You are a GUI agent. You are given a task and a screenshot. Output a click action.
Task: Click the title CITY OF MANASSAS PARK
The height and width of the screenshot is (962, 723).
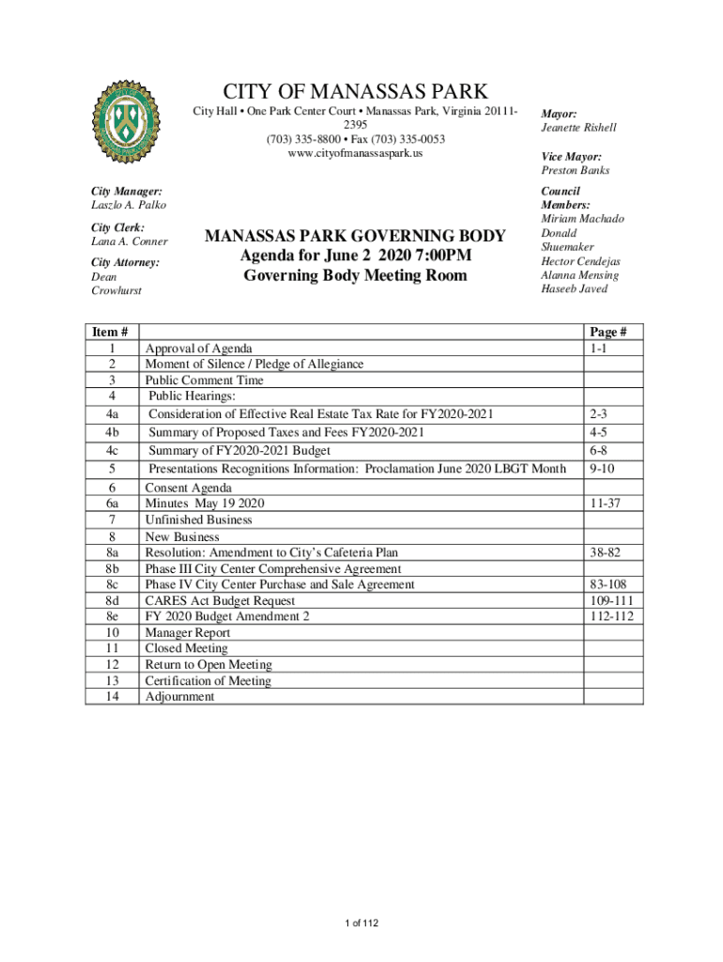[355, 92]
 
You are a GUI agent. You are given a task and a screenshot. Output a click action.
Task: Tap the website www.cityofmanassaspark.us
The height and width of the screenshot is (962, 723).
[355, 152]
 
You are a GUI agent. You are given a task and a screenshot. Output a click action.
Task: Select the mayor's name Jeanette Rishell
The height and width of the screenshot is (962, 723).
[578, 128]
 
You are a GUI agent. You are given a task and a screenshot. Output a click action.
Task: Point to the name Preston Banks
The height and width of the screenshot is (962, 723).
[575, 171]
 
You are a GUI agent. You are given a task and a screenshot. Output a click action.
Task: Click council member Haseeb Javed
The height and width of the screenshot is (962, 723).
[574, 289]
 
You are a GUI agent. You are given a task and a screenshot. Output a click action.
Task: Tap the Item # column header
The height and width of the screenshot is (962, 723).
[112, 332]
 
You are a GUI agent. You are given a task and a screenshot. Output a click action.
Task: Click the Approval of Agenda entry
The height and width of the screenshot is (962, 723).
[198, 349]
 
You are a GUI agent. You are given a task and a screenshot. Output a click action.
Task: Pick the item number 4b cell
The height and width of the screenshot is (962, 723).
[112, 432]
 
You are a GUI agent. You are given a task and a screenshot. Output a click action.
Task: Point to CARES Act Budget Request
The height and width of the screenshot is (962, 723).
[220, 600]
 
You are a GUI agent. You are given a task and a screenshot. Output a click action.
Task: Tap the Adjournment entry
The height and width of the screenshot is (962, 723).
[179, 697]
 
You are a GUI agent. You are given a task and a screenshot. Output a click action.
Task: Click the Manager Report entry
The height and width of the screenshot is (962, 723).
[187, 633]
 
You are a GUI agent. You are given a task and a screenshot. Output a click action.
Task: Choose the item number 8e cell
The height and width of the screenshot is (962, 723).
[112, 616]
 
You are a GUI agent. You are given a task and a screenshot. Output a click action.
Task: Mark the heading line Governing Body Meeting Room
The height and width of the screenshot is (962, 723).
[355, 276]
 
